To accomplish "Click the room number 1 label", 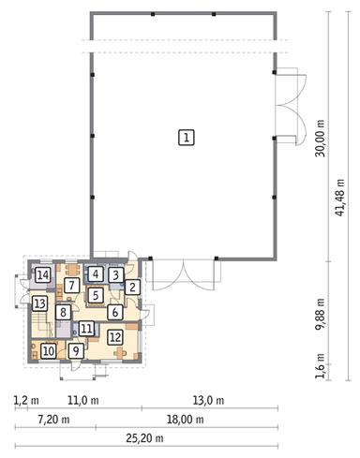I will (x=187, y=138).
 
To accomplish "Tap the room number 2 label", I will (x=133, y=288).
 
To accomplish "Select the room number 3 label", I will (x=115, y=275).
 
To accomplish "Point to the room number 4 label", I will (x=97, y=274).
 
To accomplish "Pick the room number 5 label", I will (x=96, y=294).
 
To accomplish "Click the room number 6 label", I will (x=114, y=312).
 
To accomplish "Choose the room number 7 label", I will (x=71, y=285).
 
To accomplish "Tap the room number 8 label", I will (x=63, y=312).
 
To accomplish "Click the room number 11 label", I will (x=86, y=329).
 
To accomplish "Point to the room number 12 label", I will (x=114, y=337).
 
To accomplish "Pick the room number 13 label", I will (x=40, y=304).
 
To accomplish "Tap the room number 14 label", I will (x=42, y=275).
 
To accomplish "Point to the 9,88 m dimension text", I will (x=321, y=310).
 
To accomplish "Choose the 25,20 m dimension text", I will (x=148, y=443).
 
